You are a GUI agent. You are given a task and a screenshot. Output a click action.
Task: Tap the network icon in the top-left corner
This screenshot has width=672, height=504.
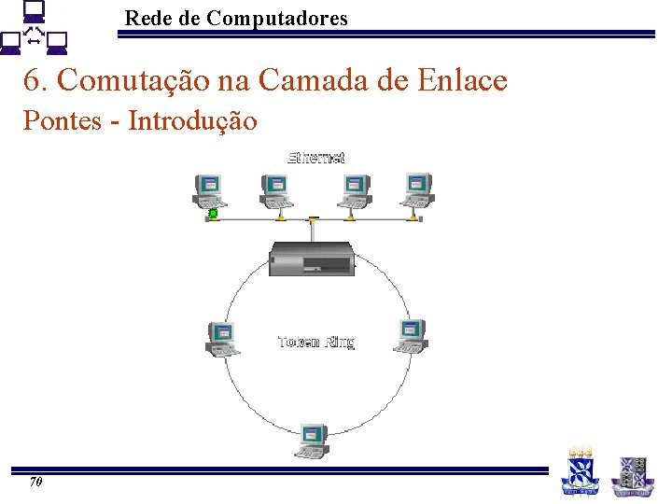click(35, 30)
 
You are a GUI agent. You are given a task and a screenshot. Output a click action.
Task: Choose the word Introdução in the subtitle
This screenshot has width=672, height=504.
click(192, 120)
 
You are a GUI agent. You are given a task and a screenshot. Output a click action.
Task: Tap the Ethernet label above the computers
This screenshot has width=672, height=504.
click(316, 157)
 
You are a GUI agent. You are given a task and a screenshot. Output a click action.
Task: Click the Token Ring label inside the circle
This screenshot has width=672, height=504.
click(316, 343)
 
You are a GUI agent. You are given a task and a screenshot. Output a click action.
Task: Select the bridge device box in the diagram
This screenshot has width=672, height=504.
click(312, 259)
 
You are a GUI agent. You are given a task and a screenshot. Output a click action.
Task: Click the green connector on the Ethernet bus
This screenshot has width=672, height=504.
click(213, 215)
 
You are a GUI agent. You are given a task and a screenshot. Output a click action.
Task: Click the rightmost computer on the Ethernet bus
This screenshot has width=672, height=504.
click(417, 189)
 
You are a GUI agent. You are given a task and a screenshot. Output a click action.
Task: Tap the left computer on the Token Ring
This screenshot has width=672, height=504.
click(222, 338)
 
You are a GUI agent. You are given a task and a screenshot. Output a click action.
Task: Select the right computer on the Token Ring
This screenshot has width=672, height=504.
click(412, 334)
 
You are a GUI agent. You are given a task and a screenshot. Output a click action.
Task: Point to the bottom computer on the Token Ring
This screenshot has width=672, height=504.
click(313, 441)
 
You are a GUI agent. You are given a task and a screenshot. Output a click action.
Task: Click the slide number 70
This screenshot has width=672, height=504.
click(36, 483)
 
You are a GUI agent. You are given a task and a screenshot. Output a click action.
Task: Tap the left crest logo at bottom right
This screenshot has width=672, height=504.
click(579, 470)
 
